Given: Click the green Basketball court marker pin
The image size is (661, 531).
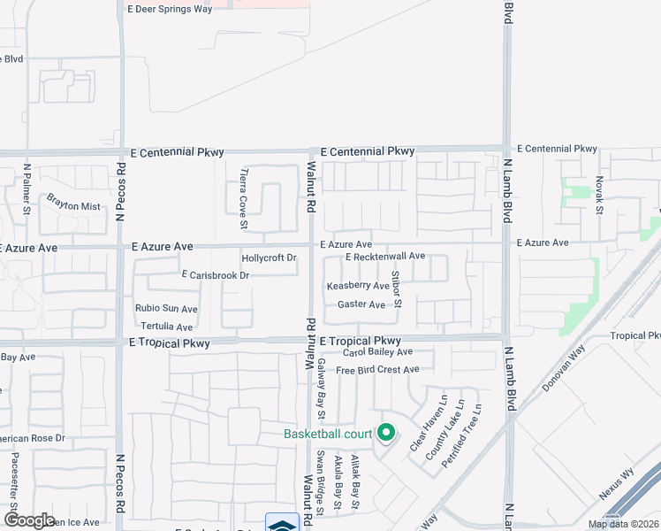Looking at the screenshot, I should click(385, 433).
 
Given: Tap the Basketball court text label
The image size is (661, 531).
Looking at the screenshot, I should click(327, 434).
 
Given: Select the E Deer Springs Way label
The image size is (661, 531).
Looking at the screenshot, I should click(170, 8).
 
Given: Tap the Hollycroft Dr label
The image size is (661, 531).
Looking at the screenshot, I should click(269, 258).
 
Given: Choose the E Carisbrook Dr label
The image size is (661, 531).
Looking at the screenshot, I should click(217, 276).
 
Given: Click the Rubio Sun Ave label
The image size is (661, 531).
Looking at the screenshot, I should click(166, 309).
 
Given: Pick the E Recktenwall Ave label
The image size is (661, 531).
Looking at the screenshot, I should click(385, 257).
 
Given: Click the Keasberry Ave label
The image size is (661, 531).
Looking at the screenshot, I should click(358, 287).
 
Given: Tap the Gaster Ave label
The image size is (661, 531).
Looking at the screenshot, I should click(361, 305).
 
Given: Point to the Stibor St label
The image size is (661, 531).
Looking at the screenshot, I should click(397, 289).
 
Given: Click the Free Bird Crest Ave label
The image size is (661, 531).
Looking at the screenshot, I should click(377, 370).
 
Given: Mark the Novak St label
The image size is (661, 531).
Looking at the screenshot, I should click(599, 193).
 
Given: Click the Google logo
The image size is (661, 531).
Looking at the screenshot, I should click(29, 520).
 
